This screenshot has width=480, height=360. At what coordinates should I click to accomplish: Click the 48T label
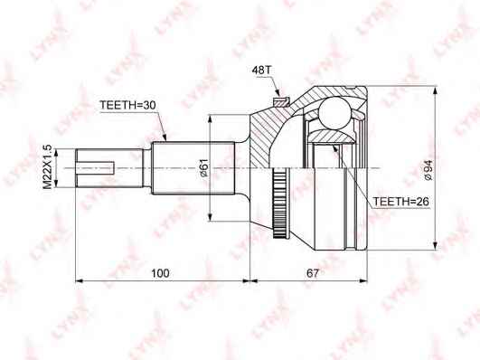[x=261, y=71]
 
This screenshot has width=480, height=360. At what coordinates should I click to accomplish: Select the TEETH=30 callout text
[x=128, y=105]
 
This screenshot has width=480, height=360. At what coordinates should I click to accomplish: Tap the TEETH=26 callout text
[x=400, y=202]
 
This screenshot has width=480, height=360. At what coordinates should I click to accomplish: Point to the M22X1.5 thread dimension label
[x=47, y=168]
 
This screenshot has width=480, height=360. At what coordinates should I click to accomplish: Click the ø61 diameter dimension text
[x=204, y=167]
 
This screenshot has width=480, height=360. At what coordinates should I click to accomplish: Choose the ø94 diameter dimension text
[x=428, y=169]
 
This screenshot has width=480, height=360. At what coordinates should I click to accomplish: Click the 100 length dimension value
[x=160, y=273]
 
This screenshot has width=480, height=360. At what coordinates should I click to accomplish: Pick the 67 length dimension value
[x=313, y=273]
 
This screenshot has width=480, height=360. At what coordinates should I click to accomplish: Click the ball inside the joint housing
[x=334, y=112]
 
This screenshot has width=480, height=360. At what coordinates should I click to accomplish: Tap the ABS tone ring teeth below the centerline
[x=279, y=204]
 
